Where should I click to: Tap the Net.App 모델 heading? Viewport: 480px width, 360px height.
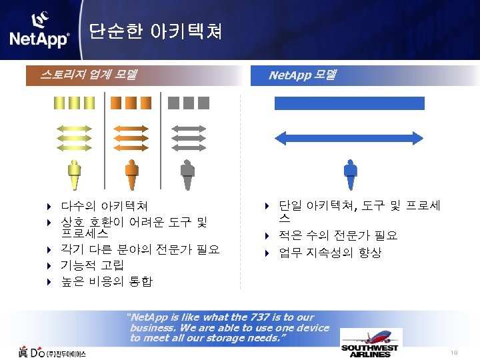click(301, 75)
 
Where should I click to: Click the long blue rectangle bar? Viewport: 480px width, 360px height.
click(350, 103)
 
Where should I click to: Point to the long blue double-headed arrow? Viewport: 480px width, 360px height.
click(350, 137)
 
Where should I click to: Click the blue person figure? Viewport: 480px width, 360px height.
click(350, 175)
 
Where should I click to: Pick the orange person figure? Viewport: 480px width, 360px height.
click(132, 175)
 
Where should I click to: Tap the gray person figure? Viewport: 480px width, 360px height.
click(188, 175)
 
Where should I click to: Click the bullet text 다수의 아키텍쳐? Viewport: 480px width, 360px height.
click(104, 206)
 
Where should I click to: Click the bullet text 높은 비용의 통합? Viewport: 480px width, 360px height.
click(107, 281)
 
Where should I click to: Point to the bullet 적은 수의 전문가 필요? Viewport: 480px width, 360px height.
click(338, 235)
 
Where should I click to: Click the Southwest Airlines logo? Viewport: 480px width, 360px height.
click(371, 351)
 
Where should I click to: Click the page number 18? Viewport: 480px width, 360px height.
click(453, 353)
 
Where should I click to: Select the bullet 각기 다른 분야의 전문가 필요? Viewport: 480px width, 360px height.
click(140, 251)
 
